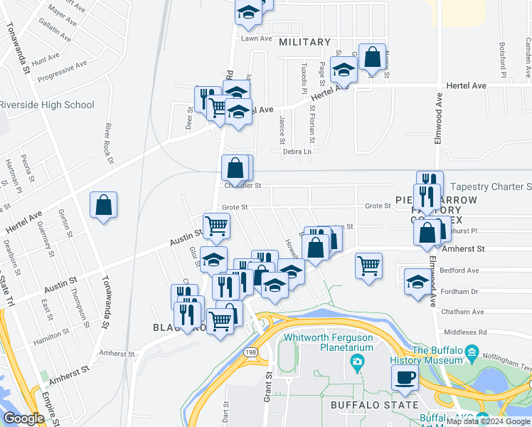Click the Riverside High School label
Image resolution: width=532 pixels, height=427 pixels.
pyautogui.click(x=47, y=105)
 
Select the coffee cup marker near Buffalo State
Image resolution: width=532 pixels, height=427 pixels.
pyautogui.click(x=405, y=378)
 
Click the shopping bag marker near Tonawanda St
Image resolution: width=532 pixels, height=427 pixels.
pyautogui.click(x=104, y=205)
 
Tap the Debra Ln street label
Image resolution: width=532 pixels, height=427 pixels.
pyautogui.click(x=298, y=152)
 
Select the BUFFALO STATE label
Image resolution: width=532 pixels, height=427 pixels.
pyautogui.click(x=374, y=405)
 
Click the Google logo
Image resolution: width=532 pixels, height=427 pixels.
pyautogui.click(x=23, y=418)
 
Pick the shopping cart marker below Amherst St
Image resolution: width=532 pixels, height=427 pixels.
pyautogui.click(x=368, y=265)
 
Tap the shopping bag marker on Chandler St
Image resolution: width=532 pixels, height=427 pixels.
pyautogui.click(x=236, y=169)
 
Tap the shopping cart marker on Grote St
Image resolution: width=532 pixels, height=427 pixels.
pyautogui.click(x=216, y=226)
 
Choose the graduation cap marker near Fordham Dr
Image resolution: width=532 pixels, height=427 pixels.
pyautogui.click(x=417, y=281)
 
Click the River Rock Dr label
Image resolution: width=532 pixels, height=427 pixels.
pyautogui.click(x=110, y=143)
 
